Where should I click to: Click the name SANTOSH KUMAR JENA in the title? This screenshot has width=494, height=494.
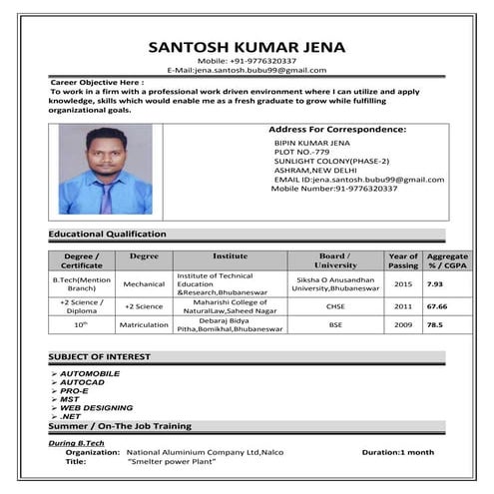click(x=247, y=46)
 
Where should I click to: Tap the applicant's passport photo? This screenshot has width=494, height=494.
click(x=105, y=169)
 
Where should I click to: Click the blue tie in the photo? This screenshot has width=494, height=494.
click(x=106, y=196)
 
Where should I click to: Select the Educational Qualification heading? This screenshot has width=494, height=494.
click(x=108, y=234)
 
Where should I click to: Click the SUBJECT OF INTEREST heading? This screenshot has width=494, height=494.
click(x=100, y=356)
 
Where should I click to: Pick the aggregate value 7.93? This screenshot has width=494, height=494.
click(x=435, y=284)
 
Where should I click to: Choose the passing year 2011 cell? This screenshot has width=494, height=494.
click(x=402, y=307)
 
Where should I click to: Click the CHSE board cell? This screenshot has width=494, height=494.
click(x=335, y=307)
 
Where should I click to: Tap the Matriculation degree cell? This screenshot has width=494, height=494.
click(x=144, y=325)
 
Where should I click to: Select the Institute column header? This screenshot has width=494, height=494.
click(x=230, y=256)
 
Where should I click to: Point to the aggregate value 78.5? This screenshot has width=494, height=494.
click(x=435, y=325)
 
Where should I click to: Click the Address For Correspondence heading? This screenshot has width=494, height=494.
click(x=337, y=130)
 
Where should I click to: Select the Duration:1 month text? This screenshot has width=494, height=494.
click(x=397, y=452)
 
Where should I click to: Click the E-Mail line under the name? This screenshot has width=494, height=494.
click(x=247, y=70)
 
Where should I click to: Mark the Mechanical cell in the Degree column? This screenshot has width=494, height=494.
click(x=144, y=284)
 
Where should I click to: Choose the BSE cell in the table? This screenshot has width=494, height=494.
click(x=335, y=325)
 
